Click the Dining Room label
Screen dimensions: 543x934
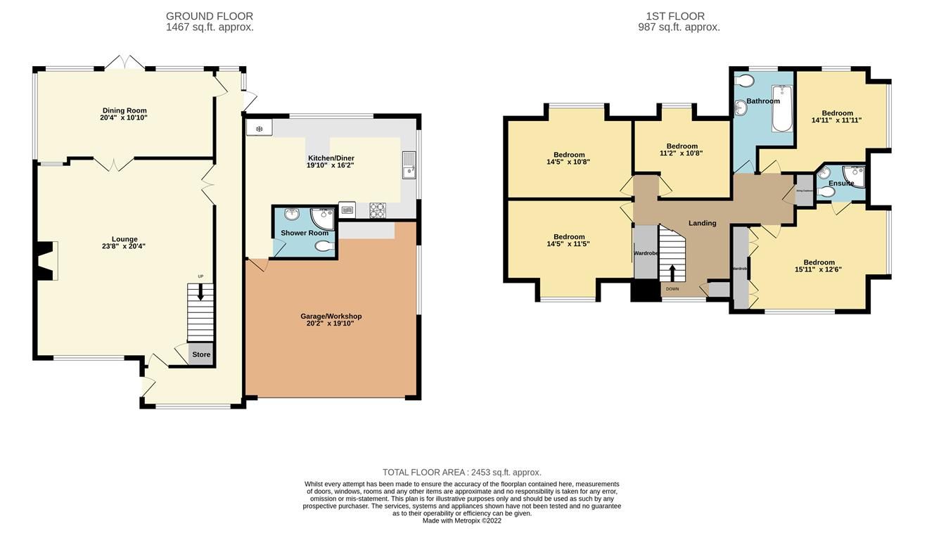point(124,110)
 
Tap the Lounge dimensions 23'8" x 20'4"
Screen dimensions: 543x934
point(123,246)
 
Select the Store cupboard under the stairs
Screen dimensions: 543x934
point(201,354)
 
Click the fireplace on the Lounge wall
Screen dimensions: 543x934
point(46,261)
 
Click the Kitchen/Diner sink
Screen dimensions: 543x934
point(409,166)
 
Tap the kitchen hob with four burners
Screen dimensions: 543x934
point(377,210)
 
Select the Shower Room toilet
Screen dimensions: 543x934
point(324,246)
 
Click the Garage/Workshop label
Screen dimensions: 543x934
point(331,317)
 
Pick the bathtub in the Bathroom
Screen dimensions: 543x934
point(782,109)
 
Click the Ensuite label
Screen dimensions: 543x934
point(840,184)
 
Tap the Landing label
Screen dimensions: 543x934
point(702,223)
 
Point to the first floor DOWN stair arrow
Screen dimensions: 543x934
point(672,273)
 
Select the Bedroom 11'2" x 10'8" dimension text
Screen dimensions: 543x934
point(681,153)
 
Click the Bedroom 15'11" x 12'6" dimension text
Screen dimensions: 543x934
point(818,269)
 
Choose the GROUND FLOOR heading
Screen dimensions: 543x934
point(210,16)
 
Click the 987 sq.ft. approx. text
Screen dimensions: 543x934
point(679,27)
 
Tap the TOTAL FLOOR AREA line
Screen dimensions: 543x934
point(461,473)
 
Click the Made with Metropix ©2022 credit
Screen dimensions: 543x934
point(461,520)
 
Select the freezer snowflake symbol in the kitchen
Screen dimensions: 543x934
point(259,129)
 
